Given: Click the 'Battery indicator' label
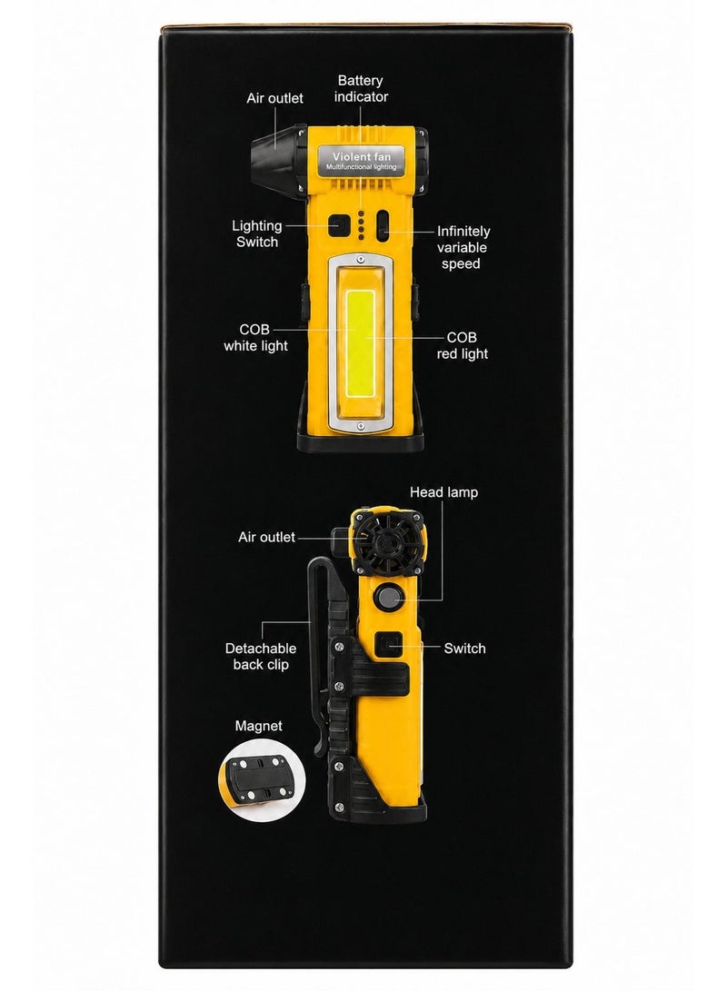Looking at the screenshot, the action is [361, 88].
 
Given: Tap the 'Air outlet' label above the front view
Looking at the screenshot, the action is [274, 98].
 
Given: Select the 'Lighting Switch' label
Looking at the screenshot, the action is [256, 233].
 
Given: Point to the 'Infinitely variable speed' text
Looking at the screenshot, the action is [463, 247].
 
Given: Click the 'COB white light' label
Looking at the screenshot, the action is [255, 338].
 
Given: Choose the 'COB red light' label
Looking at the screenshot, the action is [463, 346].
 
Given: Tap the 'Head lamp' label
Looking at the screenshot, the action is [443, 492].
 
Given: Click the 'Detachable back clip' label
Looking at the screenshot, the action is [261, 656].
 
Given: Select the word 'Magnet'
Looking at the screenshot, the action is [259, 726].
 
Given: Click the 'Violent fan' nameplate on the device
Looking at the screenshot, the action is [362, 161].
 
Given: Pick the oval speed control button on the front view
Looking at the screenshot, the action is [383, 225].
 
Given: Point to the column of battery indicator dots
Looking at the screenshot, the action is [361, 225].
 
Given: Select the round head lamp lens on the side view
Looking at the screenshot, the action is [385, 596].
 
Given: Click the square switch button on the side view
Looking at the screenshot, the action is [386, 646].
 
